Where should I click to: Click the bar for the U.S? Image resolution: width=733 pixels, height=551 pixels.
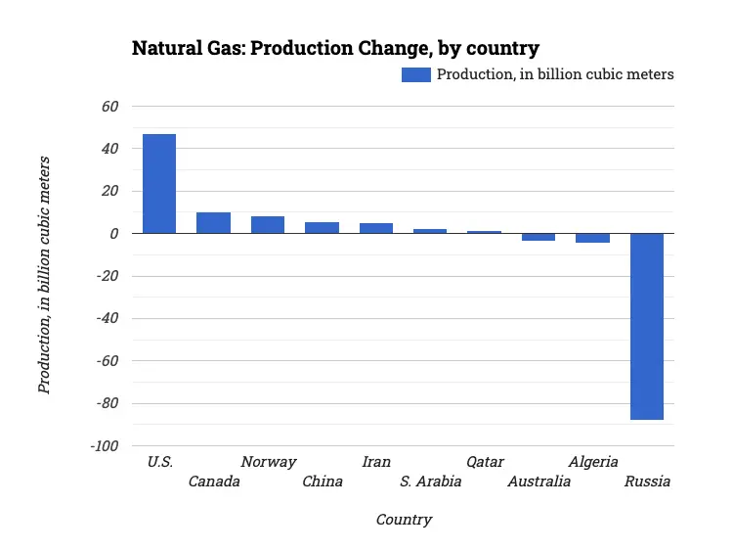pos(159,184)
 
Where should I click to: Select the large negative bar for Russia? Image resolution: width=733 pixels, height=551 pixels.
pos(646,326)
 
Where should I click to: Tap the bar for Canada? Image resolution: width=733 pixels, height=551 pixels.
pos(213,223)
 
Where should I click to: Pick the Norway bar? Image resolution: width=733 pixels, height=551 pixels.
pos(267,225)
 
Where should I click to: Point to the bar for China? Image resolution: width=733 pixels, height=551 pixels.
pos(322,228)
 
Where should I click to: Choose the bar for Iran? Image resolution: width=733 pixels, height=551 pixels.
pos(375,228)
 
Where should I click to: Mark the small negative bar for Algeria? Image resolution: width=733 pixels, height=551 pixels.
pos(592,238)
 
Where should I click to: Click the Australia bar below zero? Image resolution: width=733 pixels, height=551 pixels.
pos(538,237)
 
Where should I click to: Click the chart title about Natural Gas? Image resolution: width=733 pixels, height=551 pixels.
pos(335,48)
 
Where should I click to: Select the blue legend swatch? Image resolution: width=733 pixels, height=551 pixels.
pos(415,74)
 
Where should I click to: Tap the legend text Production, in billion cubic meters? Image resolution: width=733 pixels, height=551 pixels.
pos(554,74)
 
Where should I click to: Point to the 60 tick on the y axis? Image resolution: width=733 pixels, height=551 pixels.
pos(109,106)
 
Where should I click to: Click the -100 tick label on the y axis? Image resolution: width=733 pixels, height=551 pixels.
pos(104,446)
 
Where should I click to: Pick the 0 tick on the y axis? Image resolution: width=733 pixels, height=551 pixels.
pos(114,234)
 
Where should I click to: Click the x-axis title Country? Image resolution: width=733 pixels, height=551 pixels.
pos(404,520)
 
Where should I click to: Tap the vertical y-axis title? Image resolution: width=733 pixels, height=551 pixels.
pos(44,277)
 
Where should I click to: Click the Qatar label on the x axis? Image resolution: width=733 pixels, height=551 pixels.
pos(485,462)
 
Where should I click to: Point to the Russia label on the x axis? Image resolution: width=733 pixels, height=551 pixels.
pos(647,482)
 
